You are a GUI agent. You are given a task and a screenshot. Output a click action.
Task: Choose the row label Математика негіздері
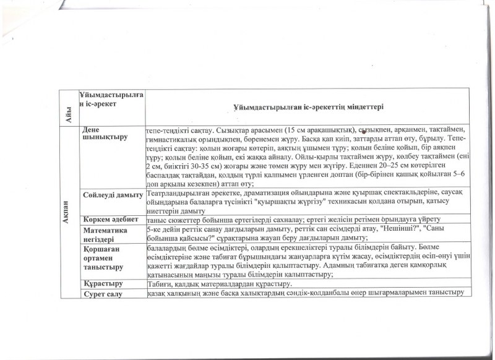click(105, 234)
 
